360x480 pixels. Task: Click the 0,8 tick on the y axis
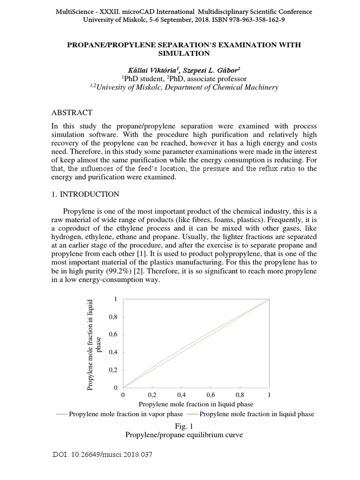(112, 317)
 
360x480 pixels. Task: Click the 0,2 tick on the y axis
(112, 370)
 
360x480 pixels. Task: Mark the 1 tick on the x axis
(269, 395)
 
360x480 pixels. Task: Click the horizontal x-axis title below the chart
(196, 404)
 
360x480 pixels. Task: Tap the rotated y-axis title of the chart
(94, 344)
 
